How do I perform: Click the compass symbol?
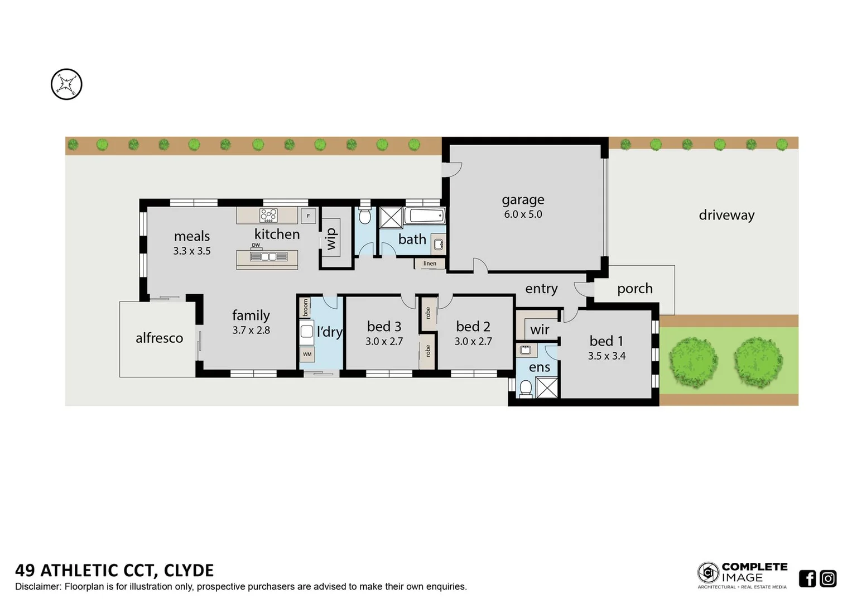click(x=66, y=85)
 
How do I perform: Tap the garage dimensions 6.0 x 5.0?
click(x=523, y=214)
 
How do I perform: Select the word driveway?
click(x=726, y=215)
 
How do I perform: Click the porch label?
click(x=634, y=289)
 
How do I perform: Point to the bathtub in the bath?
click(x=424, y=216)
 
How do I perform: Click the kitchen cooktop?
click(x=268, y=215)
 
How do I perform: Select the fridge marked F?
click(x=308, y=216)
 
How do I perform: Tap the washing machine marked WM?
click(x=307, y=354)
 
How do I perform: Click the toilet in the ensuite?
click(x=525, y=388)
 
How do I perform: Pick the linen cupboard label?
click(x=430, y=264)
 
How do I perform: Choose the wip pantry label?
click(x=331, y=238)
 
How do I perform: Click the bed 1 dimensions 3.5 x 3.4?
click(x=606, y=356)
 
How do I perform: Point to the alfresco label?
click(x=159, y=338)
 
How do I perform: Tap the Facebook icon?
click(x=807, y=578)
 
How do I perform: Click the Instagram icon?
click(x=828, y=578)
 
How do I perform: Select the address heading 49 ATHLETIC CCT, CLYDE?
click(x=114, y=571)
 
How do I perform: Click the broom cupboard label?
click(x=305, y=308)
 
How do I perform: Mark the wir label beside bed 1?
click(x=540, y=330)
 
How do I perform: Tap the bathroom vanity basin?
click(x=439, y=244)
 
